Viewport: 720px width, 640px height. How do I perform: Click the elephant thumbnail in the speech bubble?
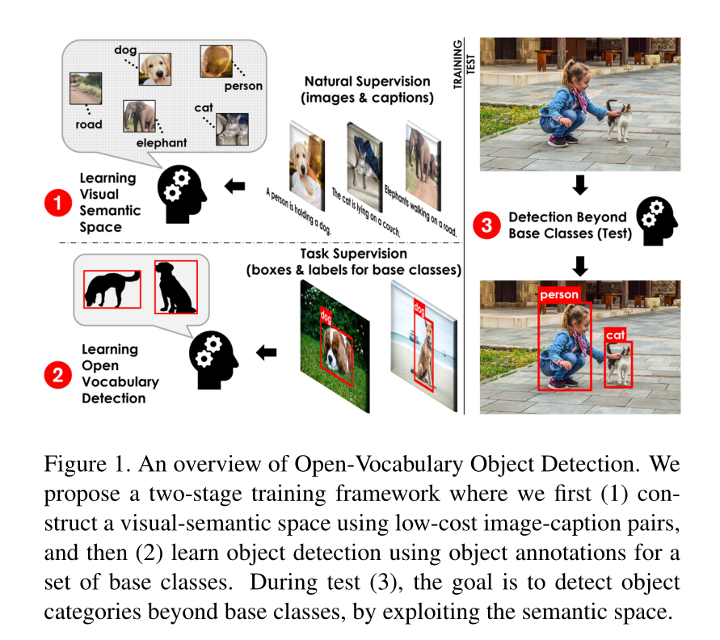[x=139, y=116]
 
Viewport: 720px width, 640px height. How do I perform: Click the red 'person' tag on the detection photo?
[x=560, y=295]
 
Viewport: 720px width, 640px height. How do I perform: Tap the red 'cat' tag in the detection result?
[x=616, y=335]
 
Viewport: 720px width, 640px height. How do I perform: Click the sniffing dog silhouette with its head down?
[x=112, y=288]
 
